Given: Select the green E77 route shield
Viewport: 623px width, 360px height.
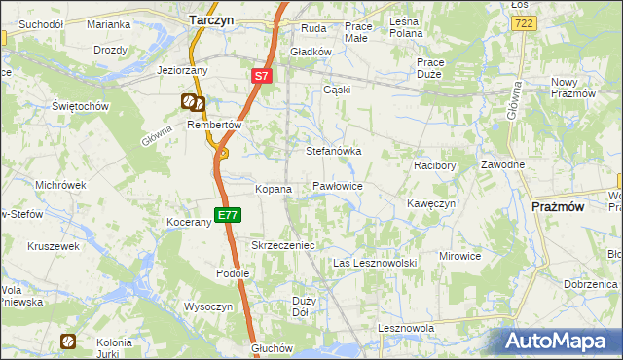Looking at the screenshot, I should tap(227, 214).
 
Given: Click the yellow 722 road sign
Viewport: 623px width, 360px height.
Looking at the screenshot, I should tap(525, 21).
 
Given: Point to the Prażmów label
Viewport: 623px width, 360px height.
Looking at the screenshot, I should tap(558, 207).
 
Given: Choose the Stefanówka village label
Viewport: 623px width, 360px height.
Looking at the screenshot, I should tap(334, 152).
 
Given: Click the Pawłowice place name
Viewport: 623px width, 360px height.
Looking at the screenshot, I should tap(338, 185).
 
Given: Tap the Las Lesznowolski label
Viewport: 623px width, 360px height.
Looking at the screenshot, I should tap(375, 263).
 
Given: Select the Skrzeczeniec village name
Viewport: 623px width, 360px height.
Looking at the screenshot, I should tap(283, 245).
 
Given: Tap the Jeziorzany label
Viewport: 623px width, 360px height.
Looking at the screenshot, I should tap(183, 70).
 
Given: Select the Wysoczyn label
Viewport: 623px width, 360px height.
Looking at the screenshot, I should tap(207, 306).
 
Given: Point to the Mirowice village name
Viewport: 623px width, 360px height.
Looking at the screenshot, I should tap(459, 256).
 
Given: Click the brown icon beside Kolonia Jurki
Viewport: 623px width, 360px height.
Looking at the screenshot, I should tap(68, 342).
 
